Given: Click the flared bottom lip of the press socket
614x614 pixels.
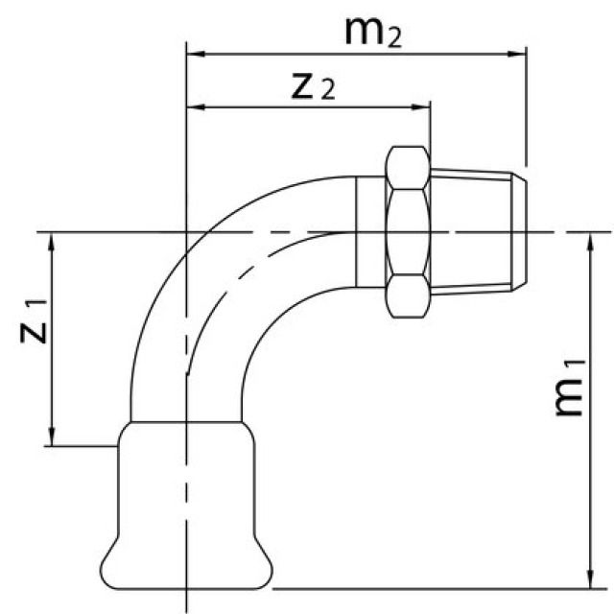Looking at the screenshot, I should pyautogui.click(x=186, y=572).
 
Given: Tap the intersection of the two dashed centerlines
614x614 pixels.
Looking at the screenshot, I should pyautogui.click(x=186, y=231).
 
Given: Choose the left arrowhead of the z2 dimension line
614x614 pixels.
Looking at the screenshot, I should pyautogui.click(x=192, y=106).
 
